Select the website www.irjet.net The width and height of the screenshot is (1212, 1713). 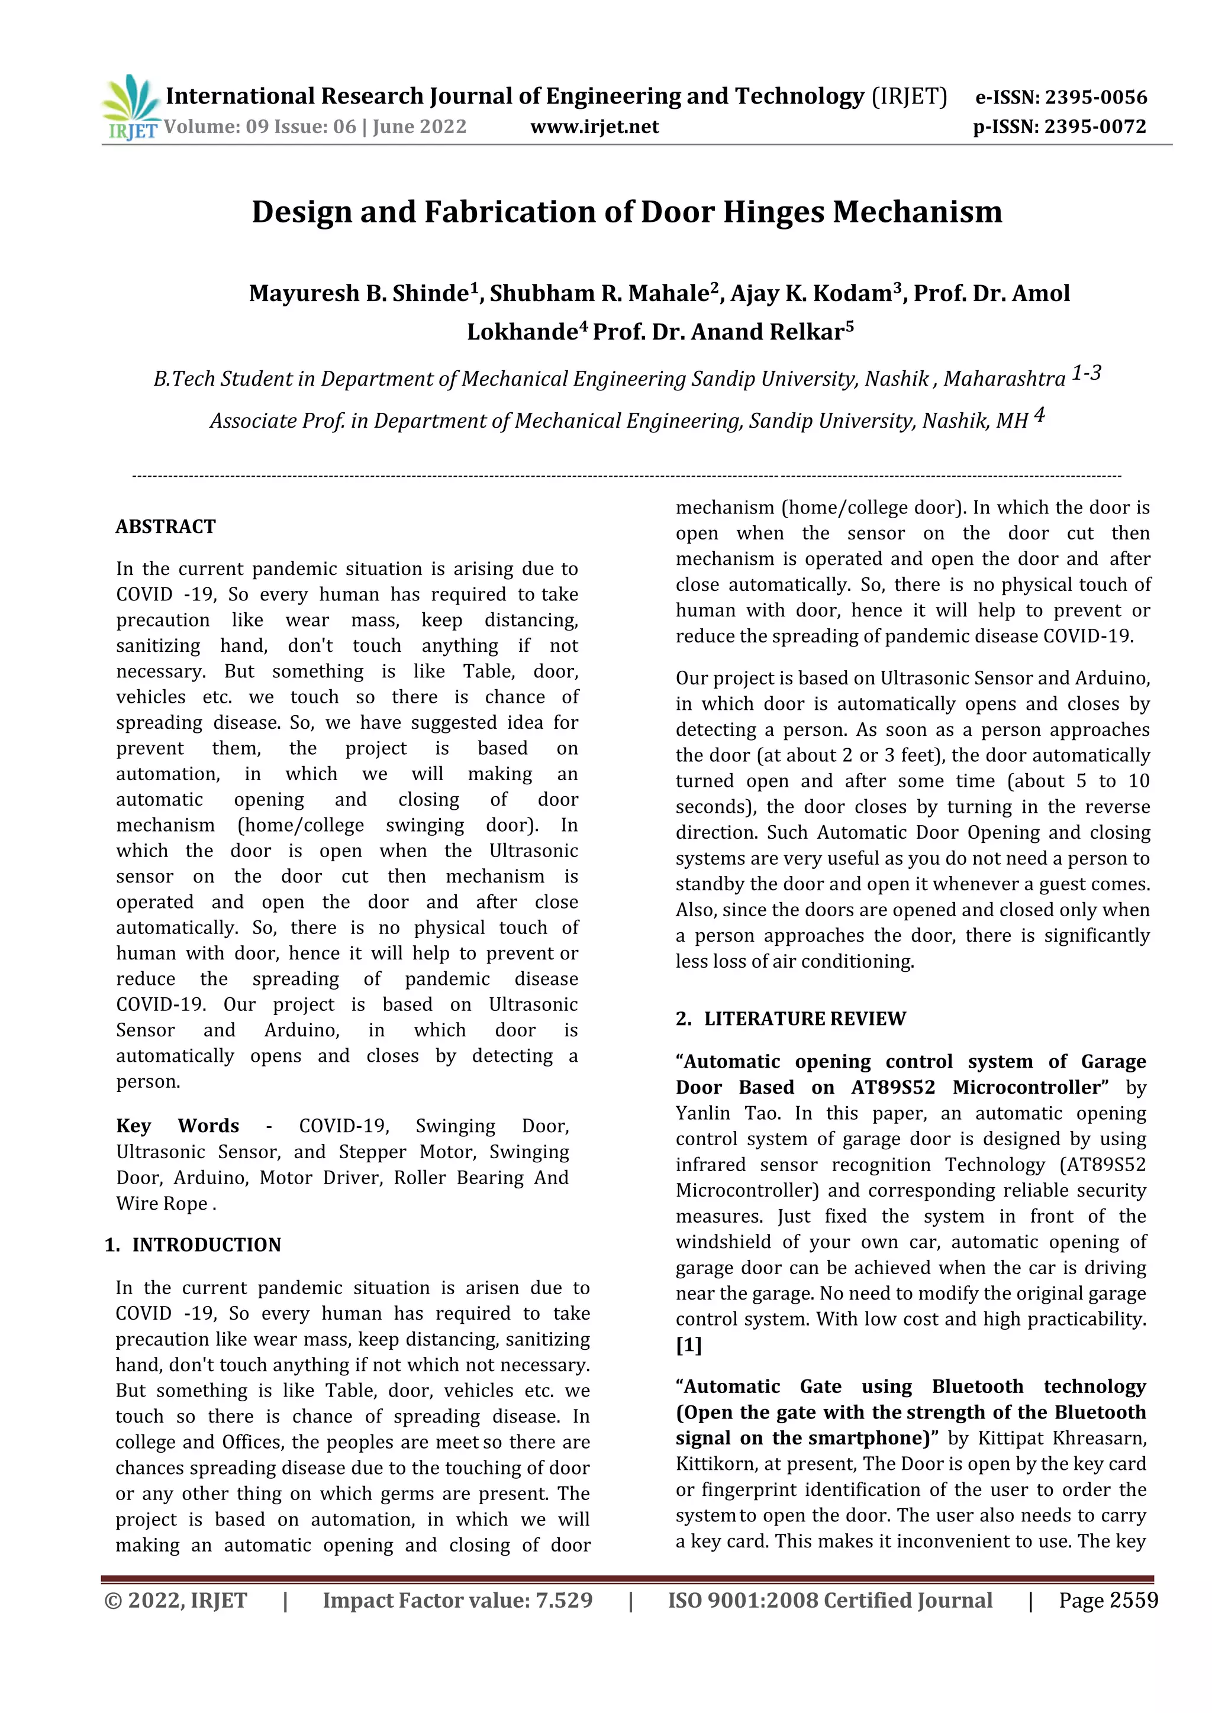[x=594, y=127]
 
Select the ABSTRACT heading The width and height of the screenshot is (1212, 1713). [x=166, y=526]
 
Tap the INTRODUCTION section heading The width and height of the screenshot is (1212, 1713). [x=206, y=1245]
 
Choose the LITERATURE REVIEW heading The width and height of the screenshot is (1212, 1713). [x=804, y=1019]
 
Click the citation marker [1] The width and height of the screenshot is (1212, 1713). [x=688, y=1344]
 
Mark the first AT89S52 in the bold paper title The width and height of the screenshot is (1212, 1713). [x=892, y=1087]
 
